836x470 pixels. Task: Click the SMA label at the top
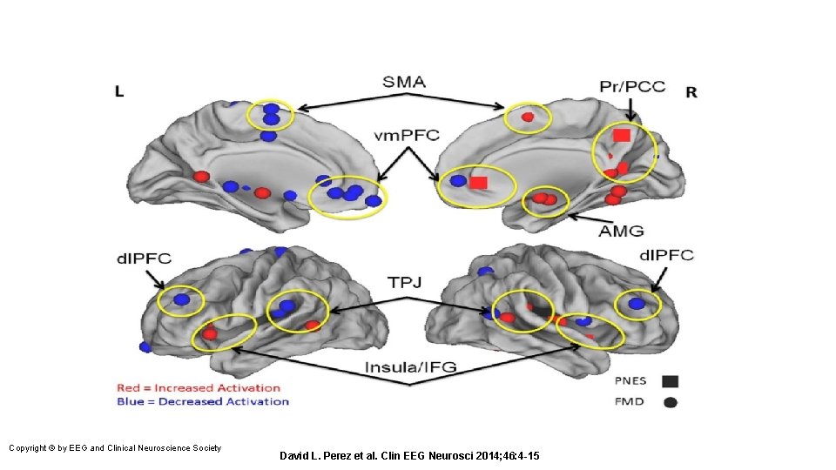coord(403,82)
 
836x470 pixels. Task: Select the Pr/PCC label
coord(631,85)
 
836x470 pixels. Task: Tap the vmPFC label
coord(407,135)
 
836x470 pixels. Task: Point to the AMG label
coord(621,231)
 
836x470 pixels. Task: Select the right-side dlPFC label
coord(666,255)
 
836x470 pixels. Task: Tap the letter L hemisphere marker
coord(119,91)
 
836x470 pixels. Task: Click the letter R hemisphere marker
coord(691,91)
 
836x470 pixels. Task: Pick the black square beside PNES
coord(670,380)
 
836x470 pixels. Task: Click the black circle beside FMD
coord(670,402)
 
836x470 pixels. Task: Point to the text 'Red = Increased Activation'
coord(199,387)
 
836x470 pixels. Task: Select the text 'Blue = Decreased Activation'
coord(202,401)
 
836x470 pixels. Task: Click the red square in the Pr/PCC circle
coord(621,135)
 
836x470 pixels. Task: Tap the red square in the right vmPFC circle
coord(478,183)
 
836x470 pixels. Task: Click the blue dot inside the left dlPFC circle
coord(181,299)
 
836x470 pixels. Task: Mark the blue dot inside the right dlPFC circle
coord(637,303)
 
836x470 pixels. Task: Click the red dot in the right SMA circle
coord(527,116)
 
